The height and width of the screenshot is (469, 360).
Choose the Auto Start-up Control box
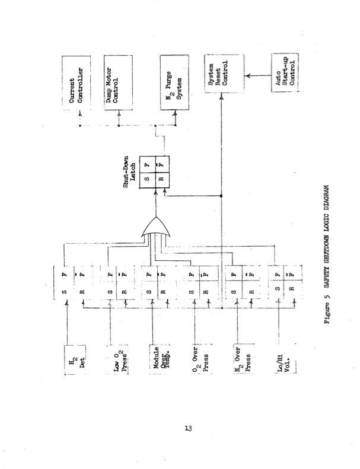tap(283, 75)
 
